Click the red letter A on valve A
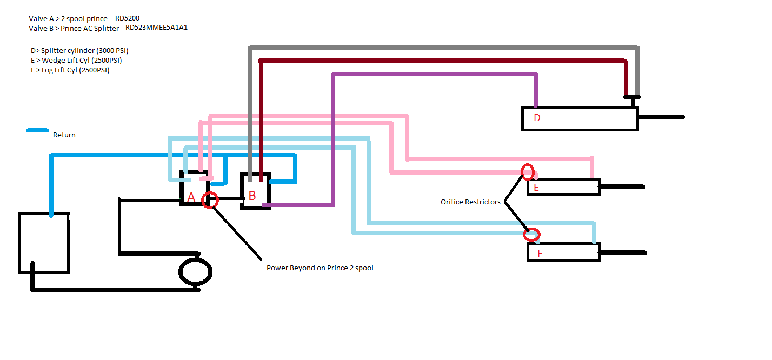coord(191,198)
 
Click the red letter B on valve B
coord(252,196)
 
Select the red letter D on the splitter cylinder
coord(537,118)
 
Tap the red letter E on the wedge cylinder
coord(536,188)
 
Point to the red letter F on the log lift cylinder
coord(539,253)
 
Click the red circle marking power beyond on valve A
coord(210,200)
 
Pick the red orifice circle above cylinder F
coord(532,235)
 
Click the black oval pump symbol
coord(195,272)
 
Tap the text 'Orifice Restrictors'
coord(470,202)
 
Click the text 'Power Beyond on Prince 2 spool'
coord(320,268)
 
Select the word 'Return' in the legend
coord(64,135)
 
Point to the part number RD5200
coord(127,18)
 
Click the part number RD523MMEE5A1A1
coord(156,28)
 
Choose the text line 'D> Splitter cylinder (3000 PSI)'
coord(79,50)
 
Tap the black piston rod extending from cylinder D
coord(661,117)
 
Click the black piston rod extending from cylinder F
coord(623,252)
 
